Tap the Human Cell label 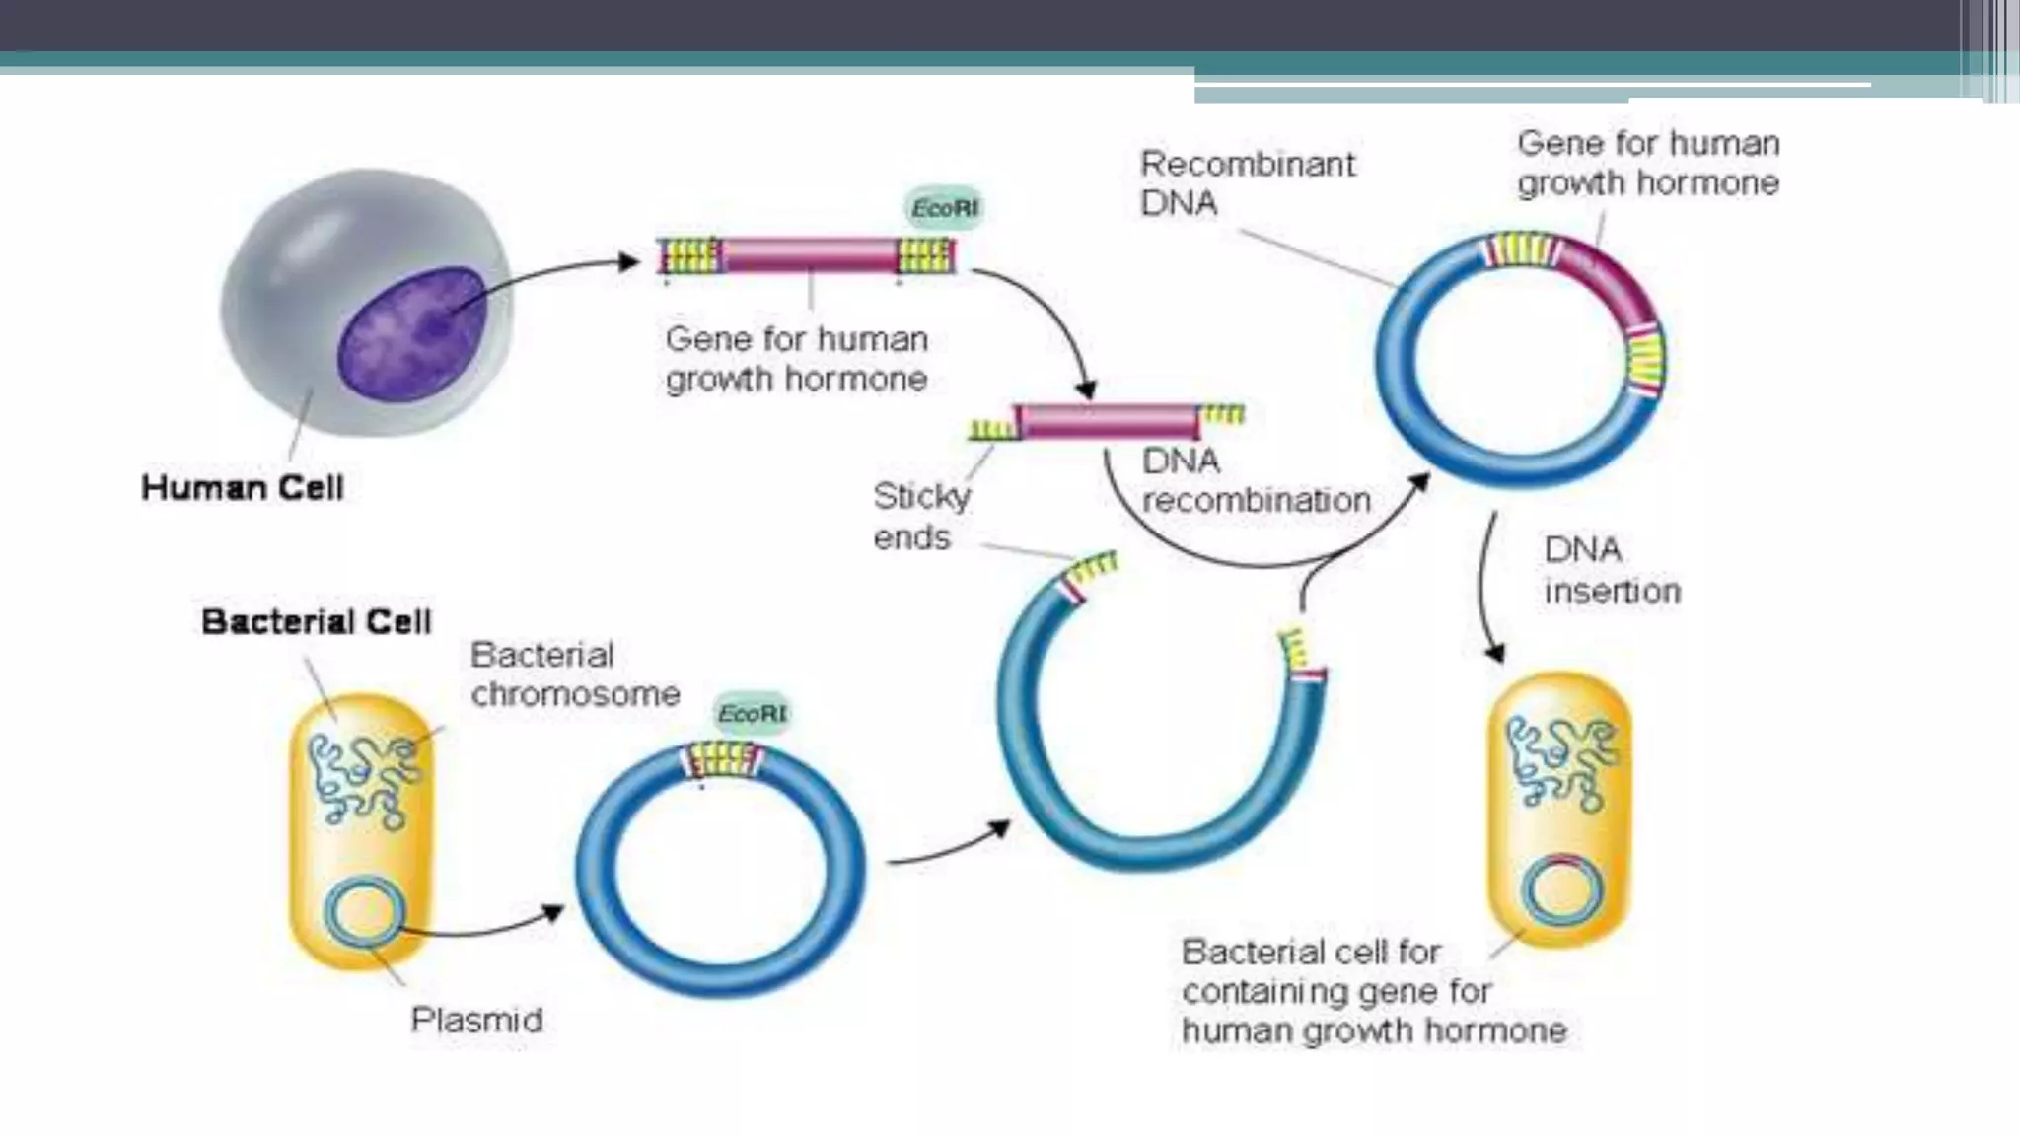coord(242,488)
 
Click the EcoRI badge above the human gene coord(944,209)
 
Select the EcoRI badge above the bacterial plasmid coord(752,713)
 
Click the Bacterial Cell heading coord(316,622)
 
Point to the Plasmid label coord(476,1020)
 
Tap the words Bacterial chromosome coord(574,674)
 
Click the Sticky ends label coord(919,517)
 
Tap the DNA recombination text coord(1255,481)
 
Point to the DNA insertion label coord(1611,571)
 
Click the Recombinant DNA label coord(1247,183)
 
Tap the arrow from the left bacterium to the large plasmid coord(483,927)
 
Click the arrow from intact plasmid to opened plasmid coord(947,848)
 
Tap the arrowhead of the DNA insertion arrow coord(1495,652)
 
